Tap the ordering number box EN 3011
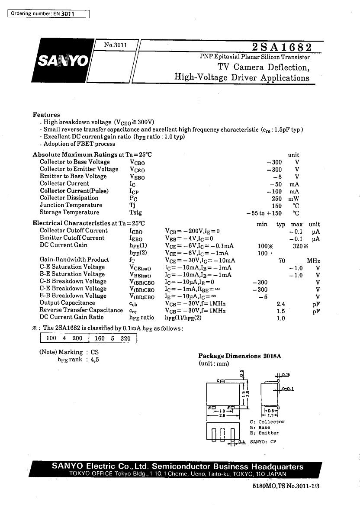[x=48, y=14]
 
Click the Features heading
[x=46, y=115]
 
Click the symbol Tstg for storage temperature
[x=135, y=213]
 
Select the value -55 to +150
[x=264, y=213]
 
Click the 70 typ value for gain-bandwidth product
[x=281, y=261]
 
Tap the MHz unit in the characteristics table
[x=313, y=261]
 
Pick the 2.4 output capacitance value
[x=281, y=303]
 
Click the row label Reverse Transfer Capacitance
[x=81, y=310]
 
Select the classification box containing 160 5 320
[x=112, y=338]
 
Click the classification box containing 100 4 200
[x=64, y=338]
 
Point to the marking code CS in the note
[x=94, y=352]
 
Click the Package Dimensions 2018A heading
[x=240, y=356]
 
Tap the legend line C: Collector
[x=267, y=422]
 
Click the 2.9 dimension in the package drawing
[x=222, y=415]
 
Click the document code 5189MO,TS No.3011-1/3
[x=286, y=486]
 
